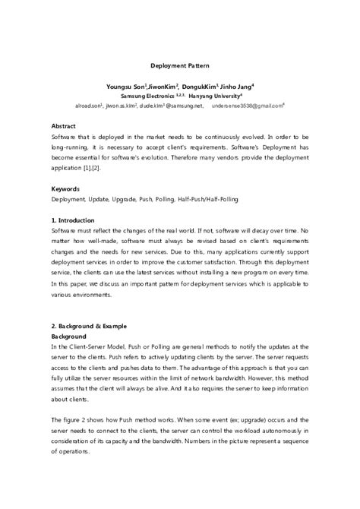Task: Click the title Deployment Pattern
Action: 179,65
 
